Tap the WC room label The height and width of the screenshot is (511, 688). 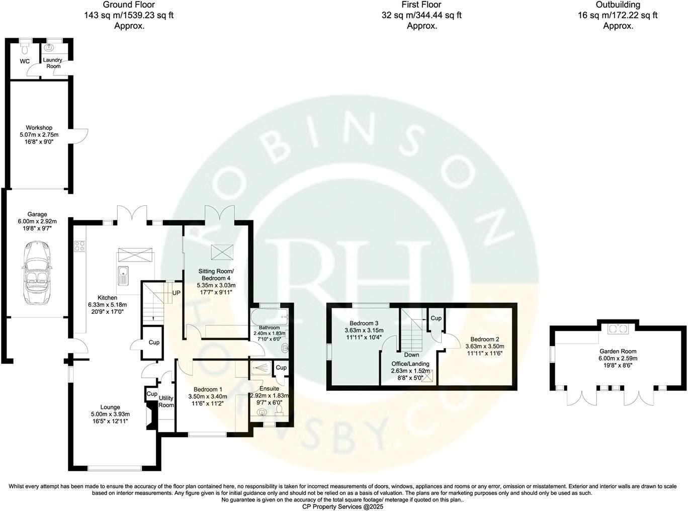[25, 61]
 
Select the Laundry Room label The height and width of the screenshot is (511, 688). [52, 63]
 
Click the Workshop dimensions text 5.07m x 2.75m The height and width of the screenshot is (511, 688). [39, 135]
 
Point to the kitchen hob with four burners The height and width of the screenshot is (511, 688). [79, 246]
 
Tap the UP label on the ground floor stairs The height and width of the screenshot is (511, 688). [177, 293]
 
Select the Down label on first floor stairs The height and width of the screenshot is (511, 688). [411, 355]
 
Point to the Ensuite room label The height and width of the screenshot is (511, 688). [269, 389]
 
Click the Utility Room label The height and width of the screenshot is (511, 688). [166, 401]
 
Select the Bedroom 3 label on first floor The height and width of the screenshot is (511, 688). [364, 323]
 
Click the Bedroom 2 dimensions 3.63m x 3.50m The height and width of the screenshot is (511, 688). [484, 346]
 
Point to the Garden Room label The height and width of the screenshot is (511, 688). [618, 352]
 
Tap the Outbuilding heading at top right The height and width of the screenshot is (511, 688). [618, 5]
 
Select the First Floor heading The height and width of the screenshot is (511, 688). [421, 5]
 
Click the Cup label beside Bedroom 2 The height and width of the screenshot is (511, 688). [436, 318]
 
